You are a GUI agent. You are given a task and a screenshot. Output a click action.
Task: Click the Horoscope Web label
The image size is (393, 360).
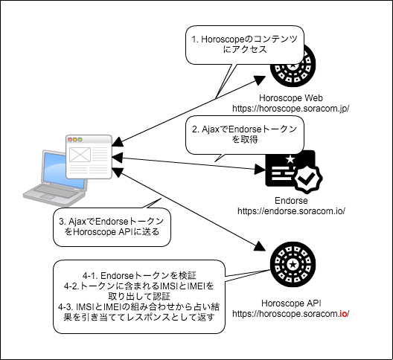(x=291, y=98)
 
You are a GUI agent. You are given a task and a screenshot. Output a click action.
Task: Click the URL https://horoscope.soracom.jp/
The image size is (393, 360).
(x=291, y=109)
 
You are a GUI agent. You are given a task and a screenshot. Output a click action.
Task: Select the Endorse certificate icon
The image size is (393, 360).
(x=294, y=172)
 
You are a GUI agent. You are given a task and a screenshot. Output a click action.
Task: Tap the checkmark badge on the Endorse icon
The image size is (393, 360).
(x=308, y=179)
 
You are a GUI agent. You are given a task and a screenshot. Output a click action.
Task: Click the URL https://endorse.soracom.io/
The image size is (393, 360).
(x=291, y=211)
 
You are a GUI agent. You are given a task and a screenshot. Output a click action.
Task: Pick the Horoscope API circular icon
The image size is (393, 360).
(x=293, y=265)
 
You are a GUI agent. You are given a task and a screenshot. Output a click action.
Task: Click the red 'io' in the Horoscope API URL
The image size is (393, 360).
(x=343, y=314)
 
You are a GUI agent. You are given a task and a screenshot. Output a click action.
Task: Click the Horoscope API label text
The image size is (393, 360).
(x=291, y=303)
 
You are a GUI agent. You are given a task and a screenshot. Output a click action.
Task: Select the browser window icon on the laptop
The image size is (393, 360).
(x=89, y=157)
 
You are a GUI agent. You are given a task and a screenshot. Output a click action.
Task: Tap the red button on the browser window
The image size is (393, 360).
(x=70, y=140)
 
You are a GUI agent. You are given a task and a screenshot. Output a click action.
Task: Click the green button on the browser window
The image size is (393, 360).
(x=80, y=140)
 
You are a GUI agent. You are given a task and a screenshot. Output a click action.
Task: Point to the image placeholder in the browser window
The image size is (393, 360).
(x=80, y=155)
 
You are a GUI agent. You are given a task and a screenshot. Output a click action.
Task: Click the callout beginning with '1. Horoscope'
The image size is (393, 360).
(x=245, y=45)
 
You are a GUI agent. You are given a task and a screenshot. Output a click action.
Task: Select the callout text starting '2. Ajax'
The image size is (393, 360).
(x=245, y=134)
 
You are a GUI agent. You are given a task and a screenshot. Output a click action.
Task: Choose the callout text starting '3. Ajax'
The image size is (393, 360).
(x=112, y=227)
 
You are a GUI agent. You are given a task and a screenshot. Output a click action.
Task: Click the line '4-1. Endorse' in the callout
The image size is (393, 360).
(x=139, y=275)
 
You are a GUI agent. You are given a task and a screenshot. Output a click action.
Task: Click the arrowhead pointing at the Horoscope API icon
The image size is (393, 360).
(x=260, y=246)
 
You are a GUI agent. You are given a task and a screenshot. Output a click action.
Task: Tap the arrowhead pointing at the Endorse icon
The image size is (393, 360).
(x=260, y=169)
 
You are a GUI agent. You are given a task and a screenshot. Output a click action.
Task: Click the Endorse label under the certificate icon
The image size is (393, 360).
(x=291, y=201)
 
